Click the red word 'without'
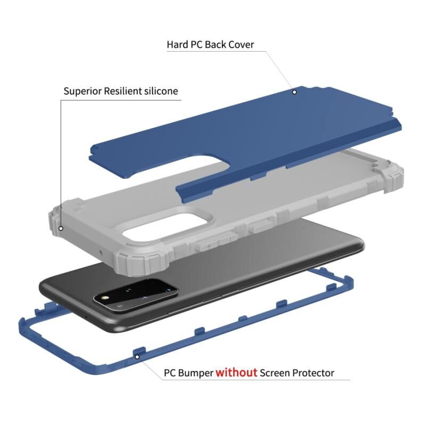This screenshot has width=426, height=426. tap(236, 372)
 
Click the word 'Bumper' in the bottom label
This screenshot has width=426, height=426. tap(195, 373)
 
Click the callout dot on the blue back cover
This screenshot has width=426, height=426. tap(294, 92)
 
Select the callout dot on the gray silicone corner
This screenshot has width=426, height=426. tap(61, 228)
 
